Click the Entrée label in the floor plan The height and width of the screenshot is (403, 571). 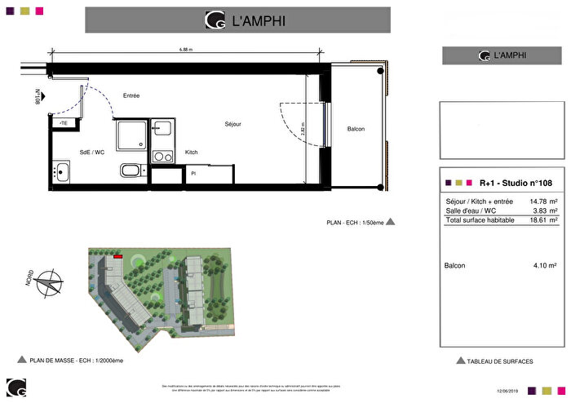(131, 95)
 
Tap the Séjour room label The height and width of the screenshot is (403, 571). (234, 124)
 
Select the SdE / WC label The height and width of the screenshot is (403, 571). (91, 153)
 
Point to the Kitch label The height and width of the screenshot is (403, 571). (192, 153)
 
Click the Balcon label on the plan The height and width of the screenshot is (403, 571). (356, 130)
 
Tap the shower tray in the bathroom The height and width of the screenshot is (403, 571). (131, 135)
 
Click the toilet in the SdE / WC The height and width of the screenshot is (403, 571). (131, 170)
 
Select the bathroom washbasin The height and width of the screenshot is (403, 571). (63, 171)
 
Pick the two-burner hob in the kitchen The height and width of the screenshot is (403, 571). (162, 155)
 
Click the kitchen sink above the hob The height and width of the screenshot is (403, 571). (162, 128)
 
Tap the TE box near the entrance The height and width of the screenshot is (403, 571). (64, 122)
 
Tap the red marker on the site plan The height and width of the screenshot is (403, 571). (118, 256)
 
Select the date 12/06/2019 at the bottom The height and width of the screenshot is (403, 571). (506, 392)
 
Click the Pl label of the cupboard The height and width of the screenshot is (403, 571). (193, 173)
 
